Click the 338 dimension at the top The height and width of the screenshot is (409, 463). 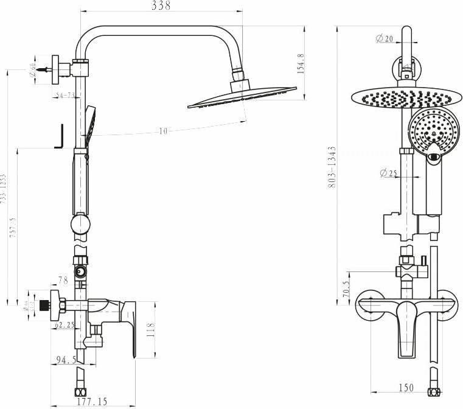click(x=161, y=6)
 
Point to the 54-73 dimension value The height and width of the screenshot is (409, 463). click(x=65, y=96)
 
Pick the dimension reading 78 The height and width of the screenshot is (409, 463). click(x=63, y=280)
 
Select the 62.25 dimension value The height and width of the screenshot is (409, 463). click(x=64, y=326)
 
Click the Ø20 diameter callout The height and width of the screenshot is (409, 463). click(x=385, y=39)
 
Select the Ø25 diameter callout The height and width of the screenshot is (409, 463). click(x=388, y=173)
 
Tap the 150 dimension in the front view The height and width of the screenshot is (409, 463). click(x=407, y=388)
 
